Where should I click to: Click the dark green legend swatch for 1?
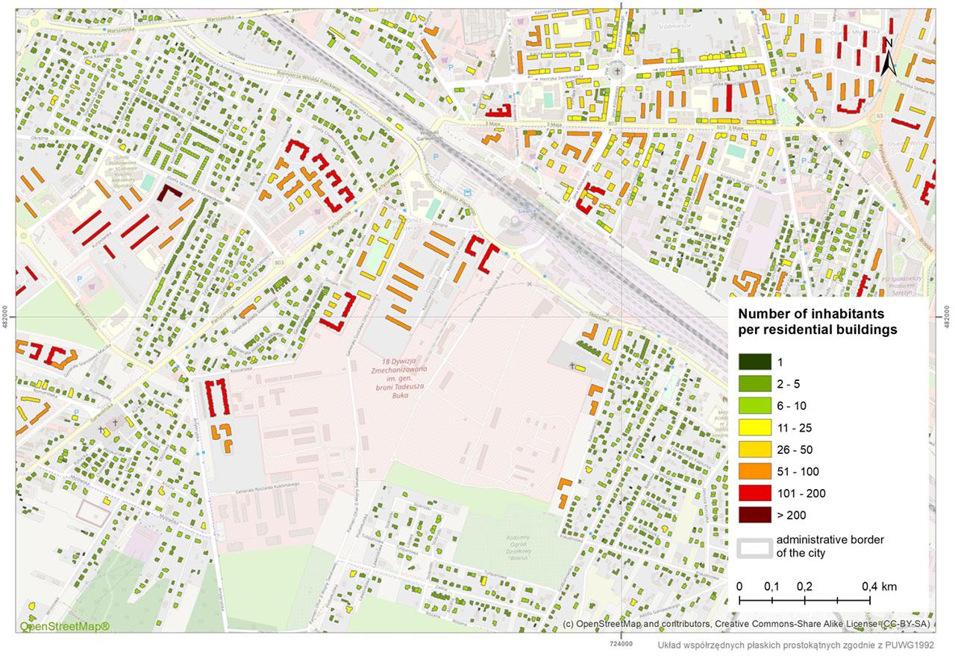754,362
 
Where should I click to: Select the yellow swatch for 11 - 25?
754,428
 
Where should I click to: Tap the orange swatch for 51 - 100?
754,471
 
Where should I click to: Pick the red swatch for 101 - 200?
754,493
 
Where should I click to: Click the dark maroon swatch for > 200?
754,514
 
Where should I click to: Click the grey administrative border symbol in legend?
754,546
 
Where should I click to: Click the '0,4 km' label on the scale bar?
879,587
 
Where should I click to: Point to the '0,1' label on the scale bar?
771,587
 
